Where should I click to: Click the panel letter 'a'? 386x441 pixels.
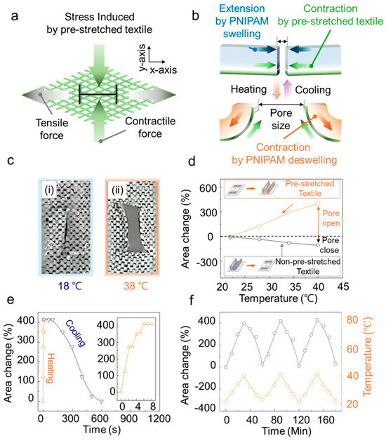tap(14, 16)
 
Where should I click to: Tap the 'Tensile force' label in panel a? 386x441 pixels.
tap(52, 129)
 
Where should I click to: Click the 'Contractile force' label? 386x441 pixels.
tap(150, 127)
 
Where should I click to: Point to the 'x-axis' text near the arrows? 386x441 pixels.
tap(164, 70)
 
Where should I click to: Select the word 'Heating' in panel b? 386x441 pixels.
tap(248, 89)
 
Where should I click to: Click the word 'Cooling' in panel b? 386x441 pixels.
tap(312, 90)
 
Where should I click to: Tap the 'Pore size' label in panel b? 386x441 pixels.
tap(281, 119)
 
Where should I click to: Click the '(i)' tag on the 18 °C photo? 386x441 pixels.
tap(50, 190)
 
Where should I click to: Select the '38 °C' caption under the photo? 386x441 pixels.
tap(136, 286)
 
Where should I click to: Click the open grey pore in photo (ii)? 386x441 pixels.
tap(135, 228)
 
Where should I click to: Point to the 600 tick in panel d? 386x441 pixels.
tap(208, 187)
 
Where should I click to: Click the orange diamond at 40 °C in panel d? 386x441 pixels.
tap(318, 204)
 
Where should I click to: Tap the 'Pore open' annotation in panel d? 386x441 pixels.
tap(331, 218)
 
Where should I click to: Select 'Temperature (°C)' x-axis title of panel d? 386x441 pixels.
tap(278, 298)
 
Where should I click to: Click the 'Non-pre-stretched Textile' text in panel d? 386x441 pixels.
tap(307, 267)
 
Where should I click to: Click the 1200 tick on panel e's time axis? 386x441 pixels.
tap(159, 419)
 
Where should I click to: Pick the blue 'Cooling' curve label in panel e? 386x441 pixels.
tap(75, 333)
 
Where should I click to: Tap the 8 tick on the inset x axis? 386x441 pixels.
tap(153, 406)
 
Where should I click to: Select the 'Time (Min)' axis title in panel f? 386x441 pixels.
tap(286, 431)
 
